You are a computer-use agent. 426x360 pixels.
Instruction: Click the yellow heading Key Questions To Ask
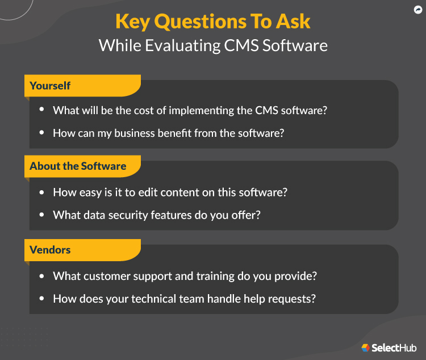[213, 21]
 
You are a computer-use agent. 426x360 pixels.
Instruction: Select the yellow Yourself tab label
[50, 86]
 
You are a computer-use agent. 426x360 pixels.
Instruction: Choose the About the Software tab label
[78, 166]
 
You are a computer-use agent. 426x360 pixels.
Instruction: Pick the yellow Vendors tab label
[50, 250]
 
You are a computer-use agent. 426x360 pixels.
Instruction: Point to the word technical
[151, 299]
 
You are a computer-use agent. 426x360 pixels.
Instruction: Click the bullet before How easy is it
[41, 192]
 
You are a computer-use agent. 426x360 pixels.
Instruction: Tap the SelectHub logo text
[394, 348]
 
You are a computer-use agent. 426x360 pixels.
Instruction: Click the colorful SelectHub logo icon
[366, 348]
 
